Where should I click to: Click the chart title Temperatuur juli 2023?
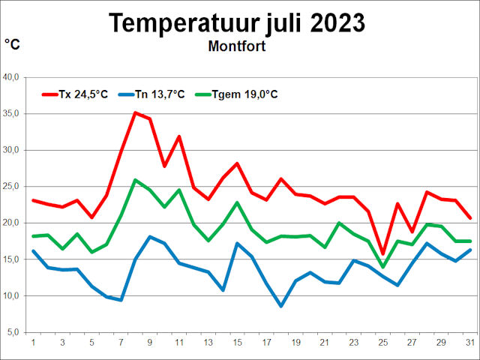238,22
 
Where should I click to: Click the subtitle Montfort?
237,46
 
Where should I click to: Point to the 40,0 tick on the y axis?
15,77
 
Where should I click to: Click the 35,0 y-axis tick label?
15,114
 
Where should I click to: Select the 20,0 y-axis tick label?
15,223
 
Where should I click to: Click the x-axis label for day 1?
33,343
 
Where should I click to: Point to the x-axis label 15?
237,343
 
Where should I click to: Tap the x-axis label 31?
470,343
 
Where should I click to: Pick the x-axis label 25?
382,343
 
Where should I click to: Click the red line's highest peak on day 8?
135,113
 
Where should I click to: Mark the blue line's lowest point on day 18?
280,306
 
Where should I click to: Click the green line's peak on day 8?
135,180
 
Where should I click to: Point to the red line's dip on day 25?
382,254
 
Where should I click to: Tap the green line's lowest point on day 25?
382,267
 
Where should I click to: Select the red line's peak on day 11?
178,136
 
